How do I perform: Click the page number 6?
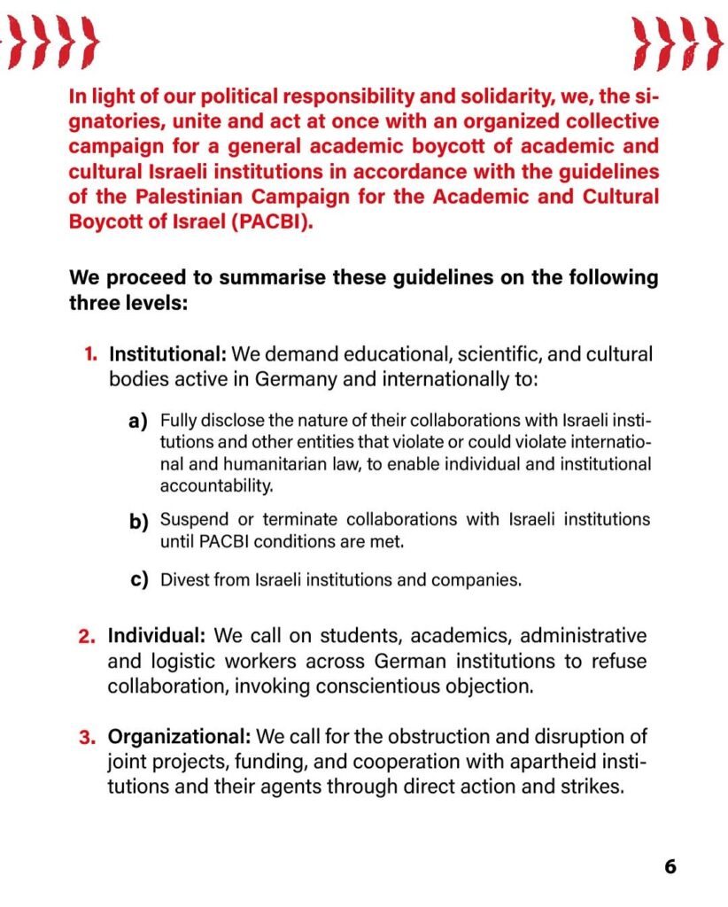670,866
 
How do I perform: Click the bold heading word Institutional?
167,355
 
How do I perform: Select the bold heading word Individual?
158,636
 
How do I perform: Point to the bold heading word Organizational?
180,736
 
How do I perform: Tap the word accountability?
216,485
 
